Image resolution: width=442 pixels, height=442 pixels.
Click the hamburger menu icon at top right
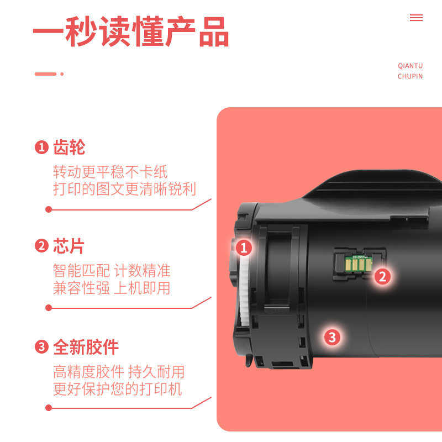click(416, 18)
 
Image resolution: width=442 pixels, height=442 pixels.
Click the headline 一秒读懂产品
click(130, 31)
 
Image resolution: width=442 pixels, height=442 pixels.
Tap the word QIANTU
click(410, 66)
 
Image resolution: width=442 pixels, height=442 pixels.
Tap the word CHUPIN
click(410, 76)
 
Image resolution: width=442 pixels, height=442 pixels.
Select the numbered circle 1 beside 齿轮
click(41, 148)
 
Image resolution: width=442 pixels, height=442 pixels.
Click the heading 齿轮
click(69, 148)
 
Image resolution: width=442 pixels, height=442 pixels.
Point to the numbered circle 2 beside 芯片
click(41, 246)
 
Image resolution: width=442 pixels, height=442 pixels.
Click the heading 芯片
click(69, 246)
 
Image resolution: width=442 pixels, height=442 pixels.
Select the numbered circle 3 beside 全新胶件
click(41, 347)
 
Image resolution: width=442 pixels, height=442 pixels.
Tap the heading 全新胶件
click(86, 347)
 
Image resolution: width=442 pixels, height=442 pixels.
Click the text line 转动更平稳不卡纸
click(110, 172)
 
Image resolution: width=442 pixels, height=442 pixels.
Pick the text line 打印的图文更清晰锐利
click(124, 188)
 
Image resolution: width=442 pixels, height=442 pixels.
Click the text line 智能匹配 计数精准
click(112, 271)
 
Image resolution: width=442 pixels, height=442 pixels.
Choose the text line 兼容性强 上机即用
click(112, 288)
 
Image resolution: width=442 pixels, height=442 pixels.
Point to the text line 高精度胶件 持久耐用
click(119, 371)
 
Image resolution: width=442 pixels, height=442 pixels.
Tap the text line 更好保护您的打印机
click(117, 388)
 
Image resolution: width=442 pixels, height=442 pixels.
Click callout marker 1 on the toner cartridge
click(244, 248)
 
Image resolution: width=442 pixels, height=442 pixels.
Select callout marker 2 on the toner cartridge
click(382, 276)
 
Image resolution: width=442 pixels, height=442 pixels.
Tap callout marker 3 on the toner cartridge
click(331, 336)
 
